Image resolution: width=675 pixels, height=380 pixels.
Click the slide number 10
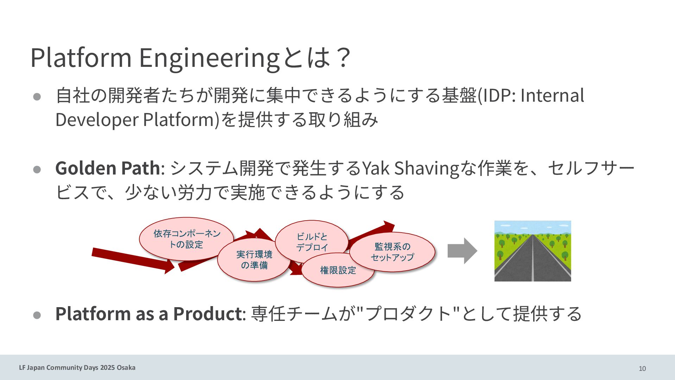(642, 368)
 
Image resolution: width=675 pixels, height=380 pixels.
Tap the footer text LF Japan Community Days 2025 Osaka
(77, 368)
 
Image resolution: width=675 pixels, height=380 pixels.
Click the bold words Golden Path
(107, 168)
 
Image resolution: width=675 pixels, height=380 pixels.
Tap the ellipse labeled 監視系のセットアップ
(392, 252)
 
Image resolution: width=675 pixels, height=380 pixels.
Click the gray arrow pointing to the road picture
(462, 251)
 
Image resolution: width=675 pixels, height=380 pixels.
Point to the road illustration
(532, 251)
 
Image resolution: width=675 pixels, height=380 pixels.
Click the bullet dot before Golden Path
(37, 170)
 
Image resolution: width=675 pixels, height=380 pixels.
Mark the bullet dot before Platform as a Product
(37, 315)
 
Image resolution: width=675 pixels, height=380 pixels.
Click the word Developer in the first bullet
(97, 120)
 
